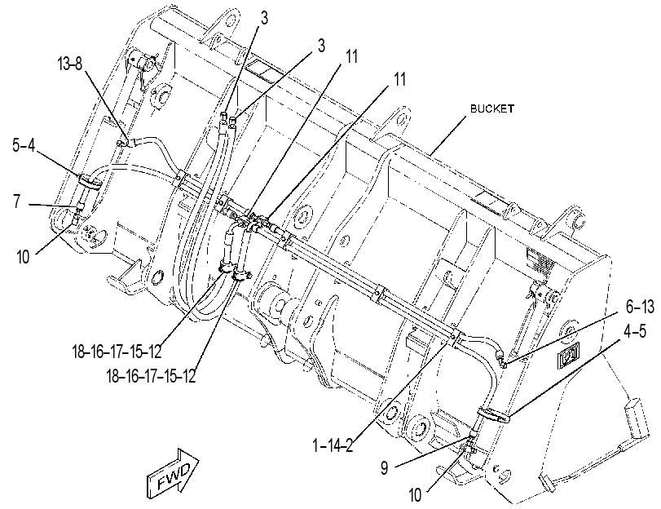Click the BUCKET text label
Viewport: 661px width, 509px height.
492,108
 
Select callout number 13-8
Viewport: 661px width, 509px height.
69,64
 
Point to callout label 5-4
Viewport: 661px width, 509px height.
23,146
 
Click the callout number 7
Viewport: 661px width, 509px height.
16,201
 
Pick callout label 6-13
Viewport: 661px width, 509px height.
640,308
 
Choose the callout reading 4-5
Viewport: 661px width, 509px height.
635,331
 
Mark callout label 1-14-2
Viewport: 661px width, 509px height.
333,445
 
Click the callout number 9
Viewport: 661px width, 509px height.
385,468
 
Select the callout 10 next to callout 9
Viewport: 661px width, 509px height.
415,495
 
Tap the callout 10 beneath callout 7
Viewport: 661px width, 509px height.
23,257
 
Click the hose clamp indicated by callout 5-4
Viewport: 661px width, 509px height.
90,181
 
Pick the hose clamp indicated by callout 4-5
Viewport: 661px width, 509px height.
493,414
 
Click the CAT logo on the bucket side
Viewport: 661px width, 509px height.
569,353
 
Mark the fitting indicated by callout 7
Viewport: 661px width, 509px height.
79,207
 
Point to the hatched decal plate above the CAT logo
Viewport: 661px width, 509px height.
540,262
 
